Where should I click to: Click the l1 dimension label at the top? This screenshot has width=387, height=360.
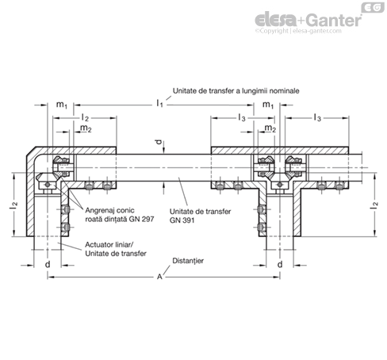click(159, 103)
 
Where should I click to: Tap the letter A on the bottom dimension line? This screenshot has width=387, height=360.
click(159, 277)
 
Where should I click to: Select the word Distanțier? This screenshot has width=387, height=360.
click(188, 261)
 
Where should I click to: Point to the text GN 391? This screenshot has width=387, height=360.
click(182, 220)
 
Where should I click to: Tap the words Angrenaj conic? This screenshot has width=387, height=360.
click(109, 210)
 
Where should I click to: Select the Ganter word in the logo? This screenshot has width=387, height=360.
click(335, 20)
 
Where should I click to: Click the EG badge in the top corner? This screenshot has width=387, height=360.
click(373, 8)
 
